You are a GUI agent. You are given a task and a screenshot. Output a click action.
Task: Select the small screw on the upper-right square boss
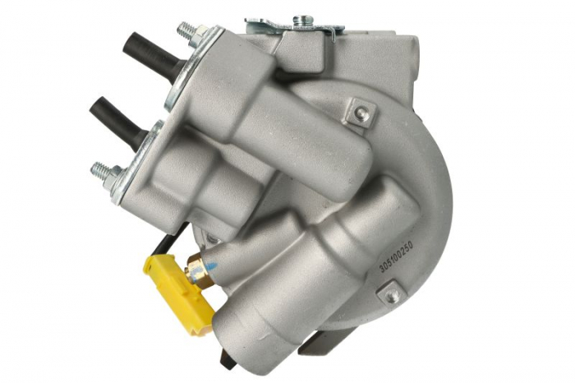point(361,114)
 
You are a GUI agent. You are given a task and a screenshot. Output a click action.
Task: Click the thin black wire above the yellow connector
point(168,243)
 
